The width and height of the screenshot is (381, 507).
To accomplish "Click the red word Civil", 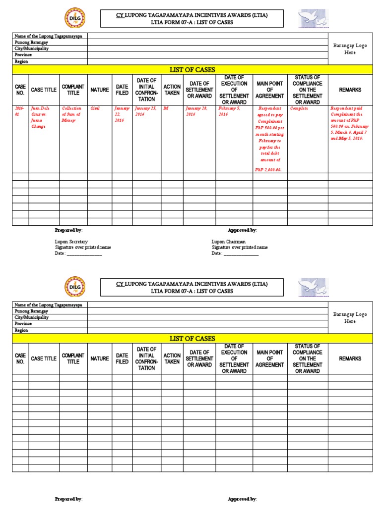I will point(95,108).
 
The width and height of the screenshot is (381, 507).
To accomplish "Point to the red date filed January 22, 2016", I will point(121,114).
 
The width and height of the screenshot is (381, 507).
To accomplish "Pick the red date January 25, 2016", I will point(146,111).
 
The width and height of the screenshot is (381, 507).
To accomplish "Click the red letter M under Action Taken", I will point(166,108).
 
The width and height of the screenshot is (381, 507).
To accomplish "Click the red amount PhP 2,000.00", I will point(268,170).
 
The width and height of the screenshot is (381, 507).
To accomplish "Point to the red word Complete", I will point(299,108).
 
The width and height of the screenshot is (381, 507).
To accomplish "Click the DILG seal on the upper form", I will point(75,19).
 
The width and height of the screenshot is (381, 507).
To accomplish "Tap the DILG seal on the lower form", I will point(75,287).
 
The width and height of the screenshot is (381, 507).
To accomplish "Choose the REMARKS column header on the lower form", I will point(350,358).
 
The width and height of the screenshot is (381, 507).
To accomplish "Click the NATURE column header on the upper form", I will point(100,90).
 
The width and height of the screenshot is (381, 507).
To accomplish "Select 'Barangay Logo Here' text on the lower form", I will point(350,318).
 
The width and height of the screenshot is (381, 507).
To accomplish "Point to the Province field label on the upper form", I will point(23,55).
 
